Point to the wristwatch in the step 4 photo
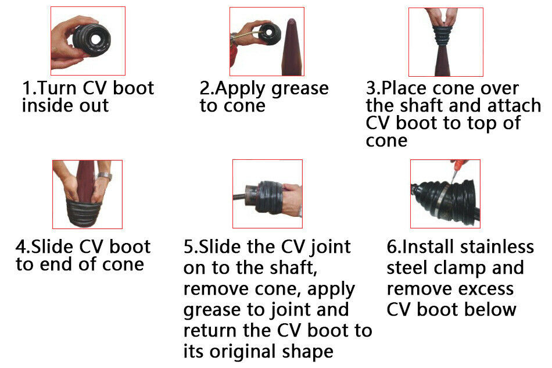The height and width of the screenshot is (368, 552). coord(105,177)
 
